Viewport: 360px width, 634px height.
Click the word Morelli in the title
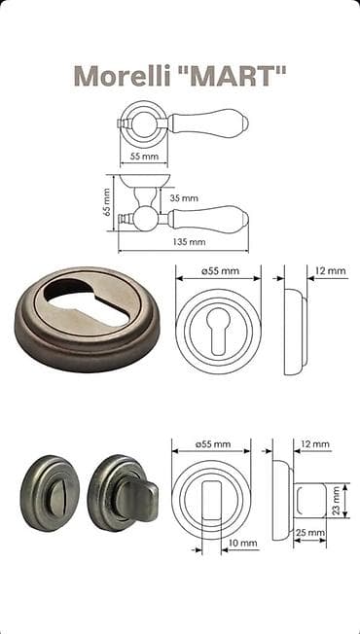point(123,76)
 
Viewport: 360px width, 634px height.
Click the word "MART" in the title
point(233,75)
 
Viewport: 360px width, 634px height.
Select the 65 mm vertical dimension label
point(107,202)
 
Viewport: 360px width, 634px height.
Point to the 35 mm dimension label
point(184,198)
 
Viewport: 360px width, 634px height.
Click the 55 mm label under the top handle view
point(144,157)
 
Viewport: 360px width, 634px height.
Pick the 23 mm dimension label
point(336,500)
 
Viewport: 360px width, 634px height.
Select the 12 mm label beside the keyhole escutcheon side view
point(331,270)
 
